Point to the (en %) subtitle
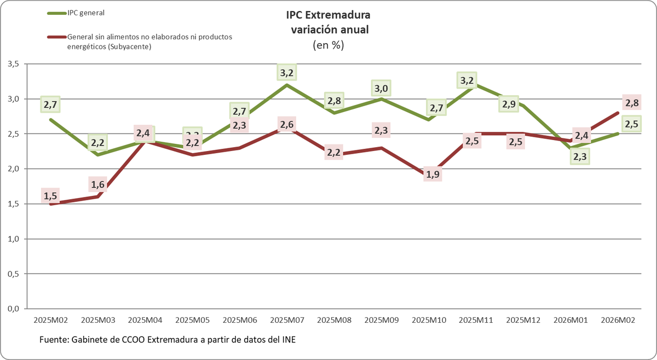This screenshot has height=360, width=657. point(328,45)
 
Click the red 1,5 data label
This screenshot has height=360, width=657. point(50,195)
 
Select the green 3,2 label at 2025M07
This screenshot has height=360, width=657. point(287,72)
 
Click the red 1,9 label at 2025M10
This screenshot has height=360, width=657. point(433,175)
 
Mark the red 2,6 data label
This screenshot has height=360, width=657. point(287,125)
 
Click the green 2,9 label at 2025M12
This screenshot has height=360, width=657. point(509,104)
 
